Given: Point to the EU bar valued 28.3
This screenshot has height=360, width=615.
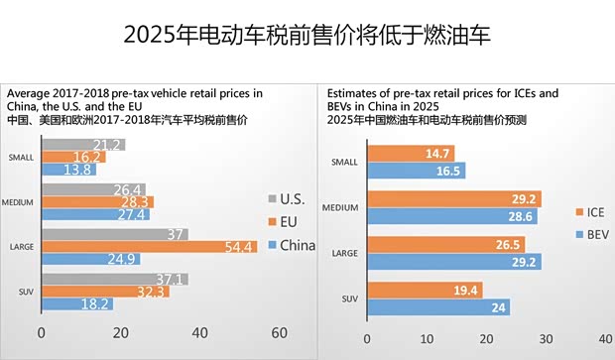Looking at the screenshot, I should point(97,202).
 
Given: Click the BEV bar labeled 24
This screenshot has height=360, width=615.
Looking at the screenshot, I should point(437,307).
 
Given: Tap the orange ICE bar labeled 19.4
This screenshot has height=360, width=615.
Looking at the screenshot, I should point(424,290).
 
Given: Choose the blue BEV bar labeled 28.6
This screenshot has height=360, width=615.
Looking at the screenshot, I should point(451,215).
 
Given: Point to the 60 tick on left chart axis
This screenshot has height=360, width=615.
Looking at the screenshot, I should point(278,332).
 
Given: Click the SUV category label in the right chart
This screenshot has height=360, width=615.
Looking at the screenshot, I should point(345,299).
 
